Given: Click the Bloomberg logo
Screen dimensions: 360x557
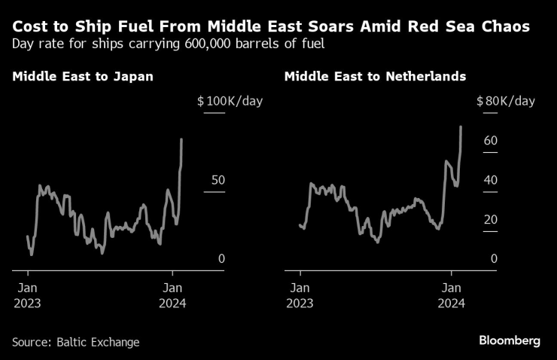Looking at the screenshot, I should [510, 341].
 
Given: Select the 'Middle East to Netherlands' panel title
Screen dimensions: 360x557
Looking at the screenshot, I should [375, 77].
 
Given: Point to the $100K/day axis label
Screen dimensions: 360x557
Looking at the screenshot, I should [230, 101].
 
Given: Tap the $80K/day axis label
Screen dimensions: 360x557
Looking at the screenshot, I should [505, 101].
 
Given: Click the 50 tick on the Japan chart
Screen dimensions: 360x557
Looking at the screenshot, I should [218, 180].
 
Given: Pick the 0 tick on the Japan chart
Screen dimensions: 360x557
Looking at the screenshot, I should [221, 258].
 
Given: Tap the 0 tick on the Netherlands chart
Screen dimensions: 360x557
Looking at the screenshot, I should [494, 258].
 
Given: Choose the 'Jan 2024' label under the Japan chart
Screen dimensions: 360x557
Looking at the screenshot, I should [173, 295].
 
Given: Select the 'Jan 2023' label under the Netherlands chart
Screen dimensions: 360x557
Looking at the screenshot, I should [300, 295].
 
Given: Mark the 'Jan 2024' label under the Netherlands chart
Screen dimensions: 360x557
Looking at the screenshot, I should [451, 295].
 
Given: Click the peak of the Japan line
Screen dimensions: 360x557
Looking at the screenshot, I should [181, 139].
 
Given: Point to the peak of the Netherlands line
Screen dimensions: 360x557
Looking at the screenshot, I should [461, 127].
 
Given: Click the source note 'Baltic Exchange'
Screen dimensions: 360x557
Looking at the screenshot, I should [98, 342].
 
